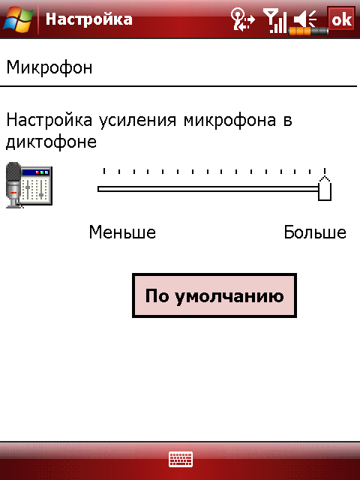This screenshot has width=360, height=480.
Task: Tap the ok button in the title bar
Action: (x=341, y=19)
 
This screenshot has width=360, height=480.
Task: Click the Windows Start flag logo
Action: (x=18, y=19)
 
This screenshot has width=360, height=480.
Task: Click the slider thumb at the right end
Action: (x=325, y=188)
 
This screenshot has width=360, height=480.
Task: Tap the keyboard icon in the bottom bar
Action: (x=181, y=459)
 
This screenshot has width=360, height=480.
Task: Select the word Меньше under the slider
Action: (x=122, y=232)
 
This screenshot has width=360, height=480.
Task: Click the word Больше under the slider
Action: (x=315, y=232)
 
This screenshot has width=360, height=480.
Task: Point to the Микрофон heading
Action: (x=49, y=67)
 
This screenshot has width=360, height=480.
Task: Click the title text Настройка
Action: (x=88, y=19)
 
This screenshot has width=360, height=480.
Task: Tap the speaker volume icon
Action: (x=305, y=19)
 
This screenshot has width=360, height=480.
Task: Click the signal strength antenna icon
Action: (x=274, y=20)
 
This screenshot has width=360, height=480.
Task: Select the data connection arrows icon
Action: (x=242, y=19)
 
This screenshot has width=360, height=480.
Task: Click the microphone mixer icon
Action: (x=29, y=185)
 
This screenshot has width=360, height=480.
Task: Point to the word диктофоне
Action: (x=52, y=142)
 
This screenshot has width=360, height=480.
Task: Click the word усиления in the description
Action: (x=137, y=120)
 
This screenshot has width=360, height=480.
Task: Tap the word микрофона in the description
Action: (x=229, y=120)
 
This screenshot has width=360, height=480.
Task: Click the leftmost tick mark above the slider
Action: (x=104, y=171)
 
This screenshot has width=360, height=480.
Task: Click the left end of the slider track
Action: (x=98, y=189)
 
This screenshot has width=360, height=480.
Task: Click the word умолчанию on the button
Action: (x=229, y=296)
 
